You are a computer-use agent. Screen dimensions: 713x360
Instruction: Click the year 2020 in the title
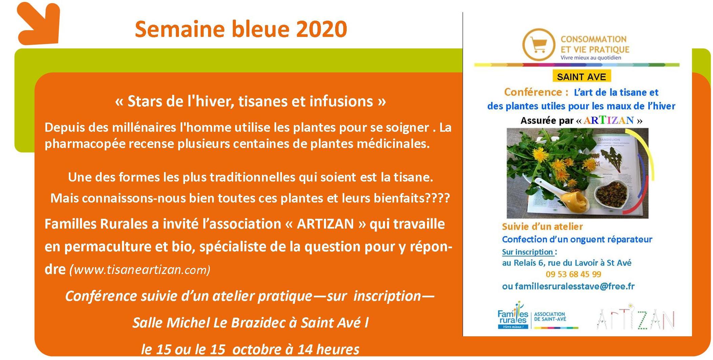(322, 29)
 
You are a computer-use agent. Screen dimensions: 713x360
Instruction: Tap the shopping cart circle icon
(538, 45)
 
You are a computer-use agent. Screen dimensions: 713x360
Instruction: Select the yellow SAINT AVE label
(582, 77)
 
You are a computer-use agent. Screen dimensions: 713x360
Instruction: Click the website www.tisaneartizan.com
(140, 270)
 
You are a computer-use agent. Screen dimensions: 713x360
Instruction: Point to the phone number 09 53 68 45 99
(573, 274)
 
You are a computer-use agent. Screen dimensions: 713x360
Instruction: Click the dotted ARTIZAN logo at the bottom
(636, 318)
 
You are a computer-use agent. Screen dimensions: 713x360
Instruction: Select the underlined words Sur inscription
(528, 252)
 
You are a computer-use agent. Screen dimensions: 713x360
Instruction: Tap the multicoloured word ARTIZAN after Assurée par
(608, 120)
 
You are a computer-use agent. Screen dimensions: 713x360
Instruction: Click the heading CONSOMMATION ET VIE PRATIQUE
(595, 44)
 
